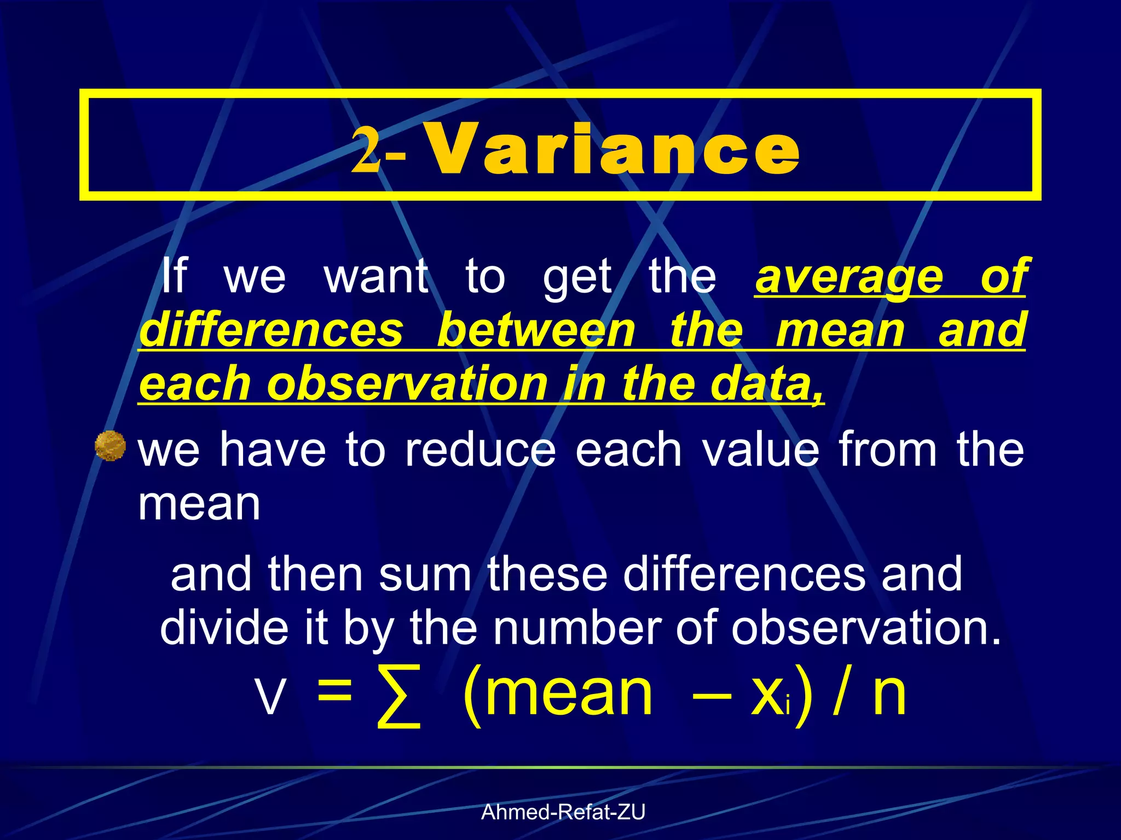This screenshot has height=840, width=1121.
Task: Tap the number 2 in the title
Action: point(366,149)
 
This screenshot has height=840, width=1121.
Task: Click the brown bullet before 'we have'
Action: point(110,446)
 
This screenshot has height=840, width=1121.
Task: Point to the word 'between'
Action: point(536,330)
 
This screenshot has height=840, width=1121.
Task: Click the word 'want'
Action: point(377,277)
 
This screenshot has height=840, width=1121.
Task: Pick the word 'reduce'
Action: point(481,450)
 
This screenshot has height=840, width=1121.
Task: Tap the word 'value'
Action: point(761,450)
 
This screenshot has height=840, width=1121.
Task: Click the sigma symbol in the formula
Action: point(400,697)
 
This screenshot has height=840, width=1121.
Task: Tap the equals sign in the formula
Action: point(334,692)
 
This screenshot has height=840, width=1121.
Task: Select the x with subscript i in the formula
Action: point(769,697)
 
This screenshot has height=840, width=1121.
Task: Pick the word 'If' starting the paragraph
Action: point(174,277)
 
